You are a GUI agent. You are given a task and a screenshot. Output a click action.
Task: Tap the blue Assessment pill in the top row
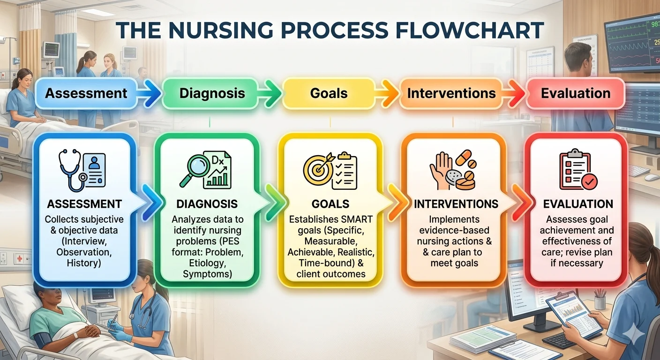pyautogui.click(x=86, y=93)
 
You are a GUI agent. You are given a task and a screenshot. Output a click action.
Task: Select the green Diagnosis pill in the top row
pyautogui.click(x=212, y=93)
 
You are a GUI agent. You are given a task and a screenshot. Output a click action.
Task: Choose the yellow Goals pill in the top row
pyautogui.click(x=329, y=93)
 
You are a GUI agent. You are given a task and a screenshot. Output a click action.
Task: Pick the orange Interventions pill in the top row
pyautogui.click(x=451, y=93)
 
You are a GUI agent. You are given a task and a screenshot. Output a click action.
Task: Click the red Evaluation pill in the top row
pyautogui.click(x=576, y=93)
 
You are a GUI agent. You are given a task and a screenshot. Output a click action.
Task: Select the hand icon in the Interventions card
pyautogui.click(x=441, y=171)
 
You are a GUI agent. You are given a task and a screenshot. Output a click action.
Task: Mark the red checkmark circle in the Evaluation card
pyautogui.click(x=589, y=181)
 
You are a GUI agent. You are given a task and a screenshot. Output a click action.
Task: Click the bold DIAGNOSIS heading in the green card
pyautogui.click(x=207, y=204)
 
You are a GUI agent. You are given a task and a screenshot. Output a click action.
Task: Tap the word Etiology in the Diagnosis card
pyautogui.click(x=207, y=263)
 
